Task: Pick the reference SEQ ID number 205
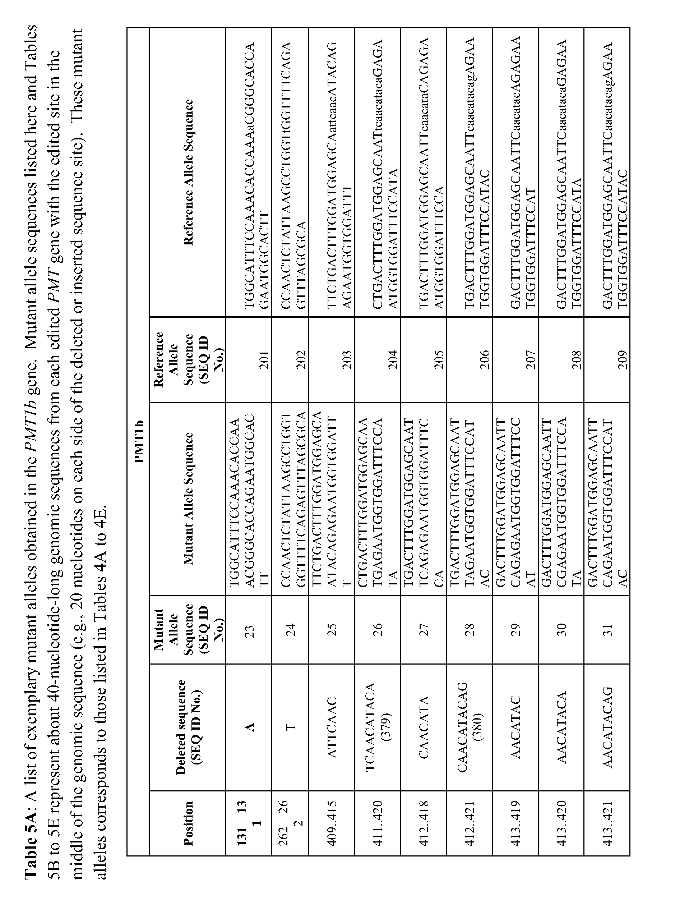438,360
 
